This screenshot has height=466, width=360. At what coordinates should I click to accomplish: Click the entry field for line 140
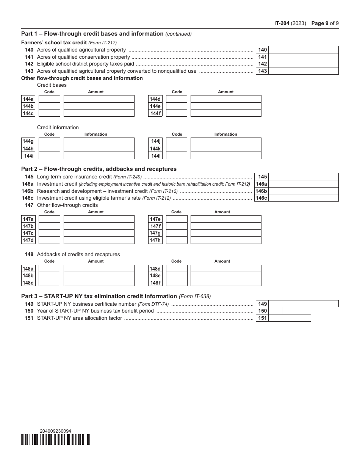tap(303, 50)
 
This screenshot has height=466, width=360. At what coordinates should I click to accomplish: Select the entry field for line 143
tap(303, 71)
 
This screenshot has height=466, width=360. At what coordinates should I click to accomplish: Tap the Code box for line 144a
tap(49, 99)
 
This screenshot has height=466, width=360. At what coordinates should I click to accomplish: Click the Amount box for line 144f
tap(226, 113)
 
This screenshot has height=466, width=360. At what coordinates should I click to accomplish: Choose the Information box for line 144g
tap(99, 141)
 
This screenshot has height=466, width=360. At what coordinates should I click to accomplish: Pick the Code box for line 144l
tap(177, 155)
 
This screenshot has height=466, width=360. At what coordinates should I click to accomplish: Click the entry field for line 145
tap(303, 177)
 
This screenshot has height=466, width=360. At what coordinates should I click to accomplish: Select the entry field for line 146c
tap(303, 198)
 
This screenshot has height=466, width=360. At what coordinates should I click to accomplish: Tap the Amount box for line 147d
tap(99, 240)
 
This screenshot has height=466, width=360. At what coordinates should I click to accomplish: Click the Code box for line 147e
tap(177, 219)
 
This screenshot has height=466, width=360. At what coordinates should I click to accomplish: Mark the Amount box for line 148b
tap(99, 275)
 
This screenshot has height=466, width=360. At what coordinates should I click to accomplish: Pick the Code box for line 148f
tap(177, 283)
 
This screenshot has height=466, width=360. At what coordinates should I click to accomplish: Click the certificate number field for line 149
tap(303, 304)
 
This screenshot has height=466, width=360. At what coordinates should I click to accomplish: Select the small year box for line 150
tap(275, 311)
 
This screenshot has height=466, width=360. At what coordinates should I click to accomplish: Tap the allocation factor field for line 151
tap(290, 318)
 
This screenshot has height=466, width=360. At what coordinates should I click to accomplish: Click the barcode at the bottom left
tap(56, 439)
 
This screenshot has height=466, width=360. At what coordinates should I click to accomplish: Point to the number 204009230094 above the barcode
tap(55, 431)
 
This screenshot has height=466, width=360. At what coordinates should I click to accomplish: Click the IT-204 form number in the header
tap(282, 23)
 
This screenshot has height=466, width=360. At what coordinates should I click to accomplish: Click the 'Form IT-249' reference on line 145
tap(127, 177)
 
